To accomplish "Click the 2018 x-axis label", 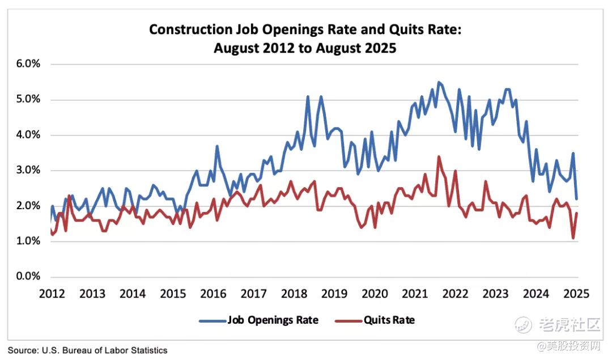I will [x=294, y=294].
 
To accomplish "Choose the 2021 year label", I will [x=415, y=294].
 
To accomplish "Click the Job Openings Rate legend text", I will [x=273, y=320].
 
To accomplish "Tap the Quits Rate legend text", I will [x=389, y=320].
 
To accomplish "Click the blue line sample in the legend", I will [x=212, y=321].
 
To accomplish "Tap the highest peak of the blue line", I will [x=439, y=82].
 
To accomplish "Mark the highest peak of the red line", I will [x=439, y=156].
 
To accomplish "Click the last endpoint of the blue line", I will [x=577, y=199].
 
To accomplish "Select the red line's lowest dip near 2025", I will [x=573, y=238].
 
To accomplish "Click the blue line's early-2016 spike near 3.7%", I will [x=217, y=146].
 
